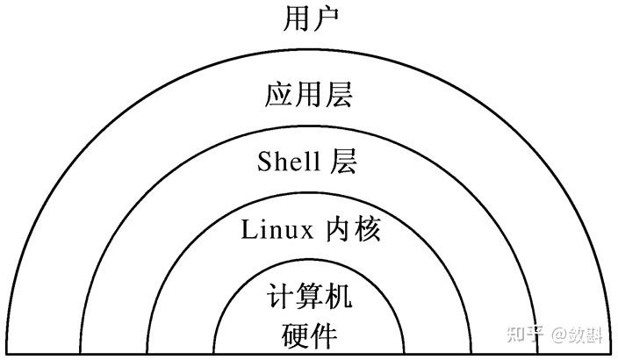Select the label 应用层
tap(309, 94)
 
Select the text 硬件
tap(309, 335)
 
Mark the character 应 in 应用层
tap(279, 94)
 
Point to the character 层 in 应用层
tap(339, 94)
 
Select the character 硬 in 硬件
tap(295, 335)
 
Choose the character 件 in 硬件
tap(324, 335)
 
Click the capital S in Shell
tap(264, 162)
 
